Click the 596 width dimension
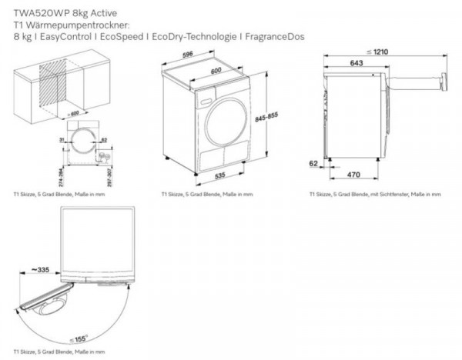click(x=198, y=55)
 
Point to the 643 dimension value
click(x=356, y=62)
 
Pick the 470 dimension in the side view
click(x=353, y=176)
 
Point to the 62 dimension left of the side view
click(x=313, y=164)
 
